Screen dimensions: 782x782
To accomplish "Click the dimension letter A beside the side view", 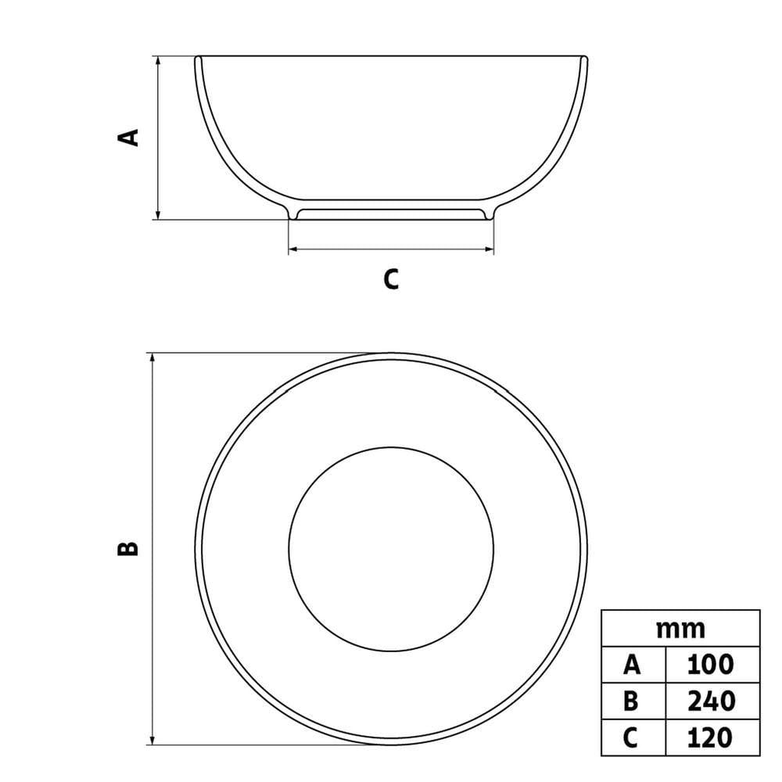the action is (x=127, y=138).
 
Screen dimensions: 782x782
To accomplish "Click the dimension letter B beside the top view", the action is (x=127, y=548).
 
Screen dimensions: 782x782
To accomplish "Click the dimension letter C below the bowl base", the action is (x=391, y=279).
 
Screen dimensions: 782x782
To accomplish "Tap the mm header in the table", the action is (x=680, y=630).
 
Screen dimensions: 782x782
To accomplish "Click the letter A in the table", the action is (x=631, y=665).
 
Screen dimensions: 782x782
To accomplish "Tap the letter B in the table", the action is (x=631, y=701).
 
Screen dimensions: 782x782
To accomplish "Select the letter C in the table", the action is (x=631, y=737).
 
